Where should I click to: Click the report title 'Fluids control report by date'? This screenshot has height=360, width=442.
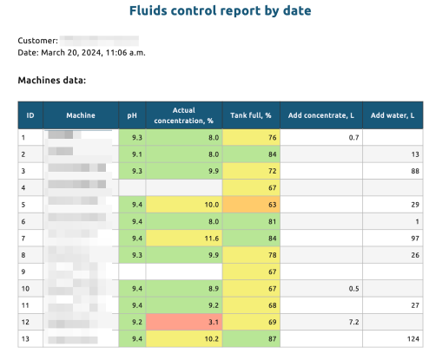pos(221,11)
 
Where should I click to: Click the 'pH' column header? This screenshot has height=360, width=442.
pos(132,115)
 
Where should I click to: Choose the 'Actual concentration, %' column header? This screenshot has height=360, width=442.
pos(184,115)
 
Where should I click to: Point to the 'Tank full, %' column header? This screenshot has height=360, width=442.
pos(251,115)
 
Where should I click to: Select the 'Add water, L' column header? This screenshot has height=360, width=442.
pos(393,115)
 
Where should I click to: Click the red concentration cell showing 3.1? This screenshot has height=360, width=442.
pos(184,320)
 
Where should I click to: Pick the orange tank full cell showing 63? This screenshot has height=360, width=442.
pos(251,204)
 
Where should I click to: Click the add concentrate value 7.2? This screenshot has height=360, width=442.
pos(353,320)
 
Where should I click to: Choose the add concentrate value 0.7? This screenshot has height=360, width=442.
pos(353,137)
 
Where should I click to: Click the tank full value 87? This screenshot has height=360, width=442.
pos(251,337)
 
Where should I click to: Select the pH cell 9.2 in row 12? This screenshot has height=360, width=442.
pos(132,320)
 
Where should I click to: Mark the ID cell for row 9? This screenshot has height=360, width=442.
pos(31,271)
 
